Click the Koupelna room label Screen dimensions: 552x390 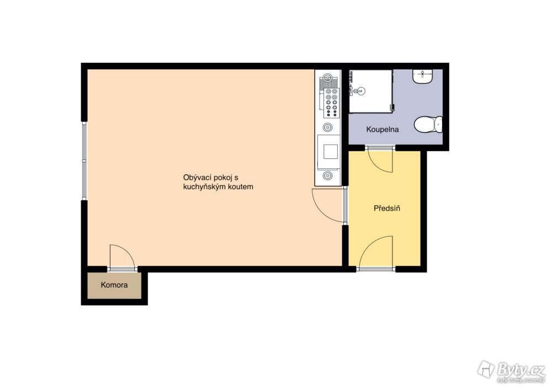click(x=383, y=130)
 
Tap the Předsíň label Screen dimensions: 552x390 click(x=386, y=209)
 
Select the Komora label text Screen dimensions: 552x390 click(x=114, y=285)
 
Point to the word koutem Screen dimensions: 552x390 click(x=241, y=187)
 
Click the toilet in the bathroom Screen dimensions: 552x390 click(x=428, y=124)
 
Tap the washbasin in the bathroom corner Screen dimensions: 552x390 click(x=422, y=76)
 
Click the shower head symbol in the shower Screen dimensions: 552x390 click(x=355, y=91)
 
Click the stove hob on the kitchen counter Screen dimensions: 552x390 click(x=331, y=103)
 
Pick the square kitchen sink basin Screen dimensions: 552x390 click(x=330, y=152)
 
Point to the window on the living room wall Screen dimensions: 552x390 click(x=84, y=161)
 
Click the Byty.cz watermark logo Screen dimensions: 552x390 click(x=511, y=371)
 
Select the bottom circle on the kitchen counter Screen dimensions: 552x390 click(x=328, y=175)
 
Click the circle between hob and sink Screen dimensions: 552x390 click(x=328, y=127)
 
